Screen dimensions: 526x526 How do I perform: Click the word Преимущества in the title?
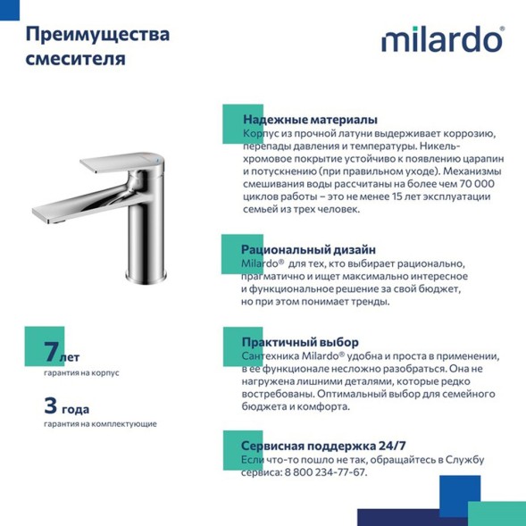(97, 36)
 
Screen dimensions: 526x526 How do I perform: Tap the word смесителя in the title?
(75, 60)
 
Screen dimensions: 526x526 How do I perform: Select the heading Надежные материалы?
(309, 119)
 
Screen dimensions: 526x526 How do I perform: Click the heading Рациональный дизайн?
(308, 249)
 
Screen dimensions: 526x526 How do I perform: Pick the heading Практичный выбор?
(300, 342)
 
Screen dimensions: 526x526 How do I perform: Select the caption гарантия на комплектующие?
(100, 423)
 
